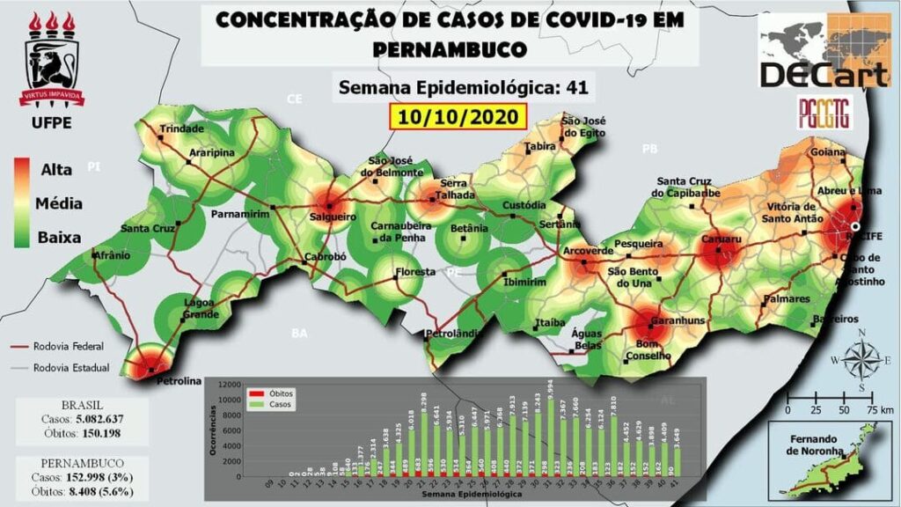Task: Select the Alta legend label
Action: click(x=57, y=169)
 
